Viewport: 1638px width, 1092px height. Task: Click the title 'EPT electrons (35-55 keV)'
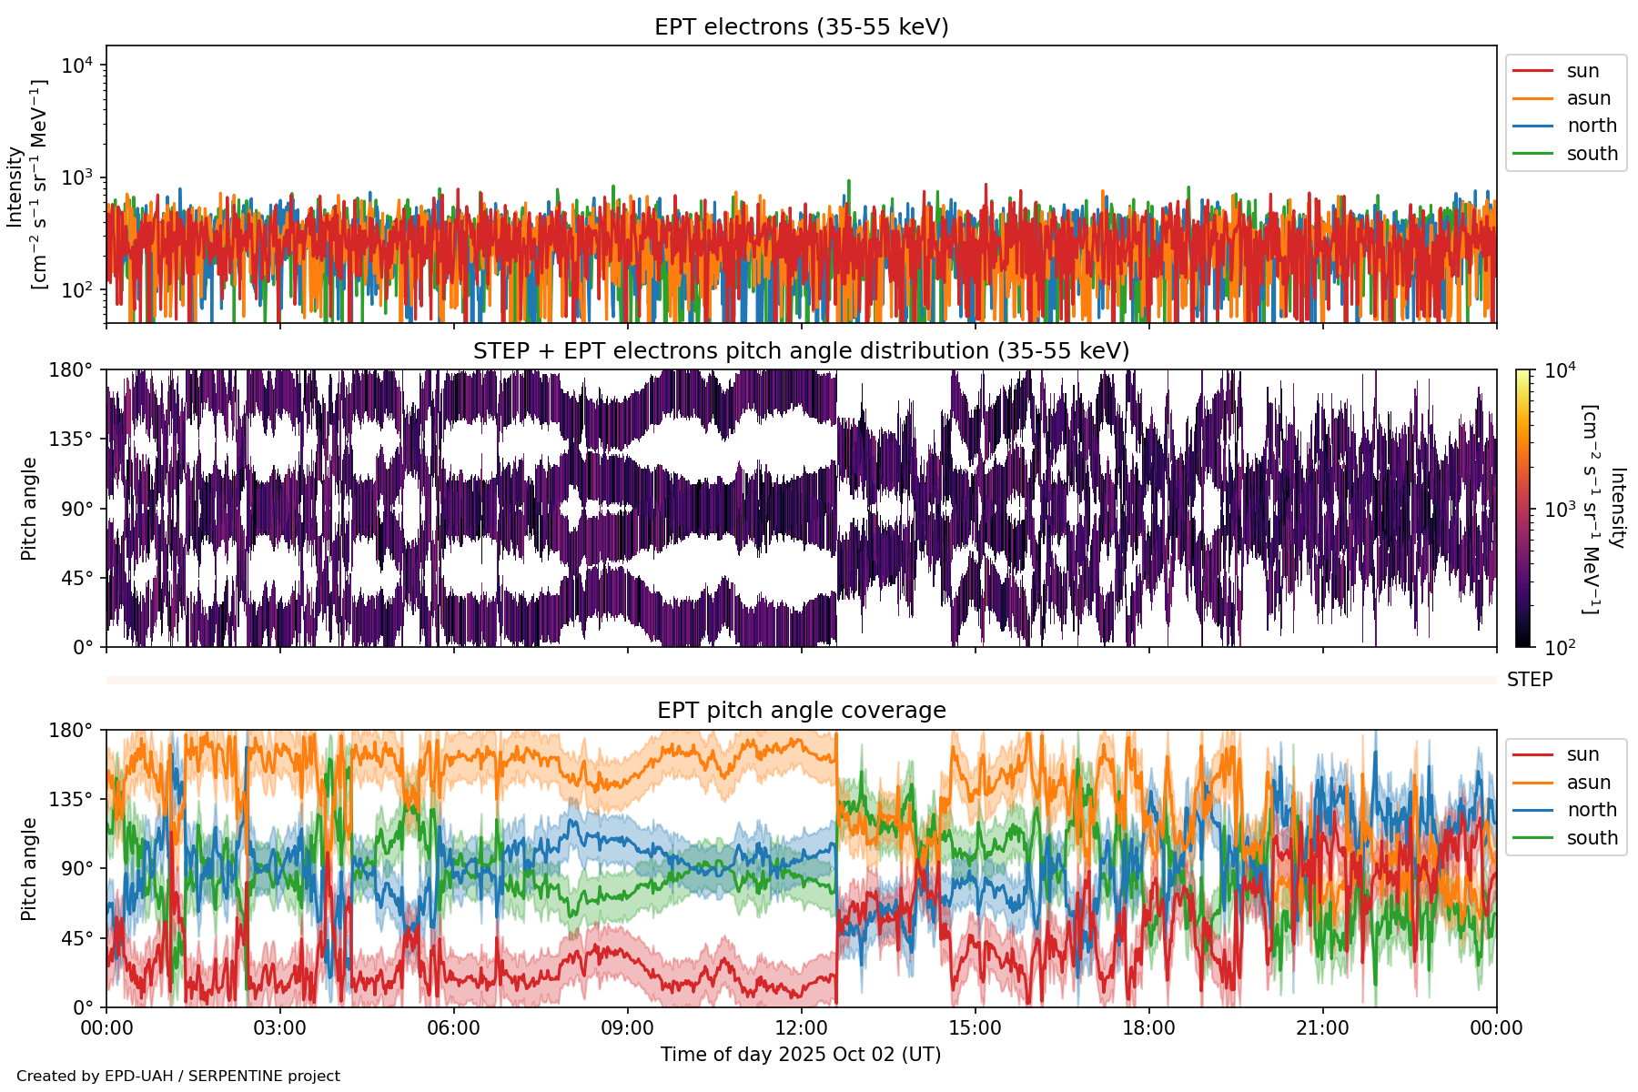[801, 27]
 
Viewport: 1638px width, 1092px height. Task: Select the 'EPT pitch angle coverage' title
[801, 711]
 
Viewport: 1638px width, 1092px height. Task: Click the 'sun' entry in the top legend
[1582, 71]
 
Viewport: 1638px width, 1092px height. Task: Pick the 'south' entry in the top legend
[1592, 154]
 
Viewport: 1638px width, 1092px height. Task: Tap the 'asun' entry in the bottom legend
[1588, 783]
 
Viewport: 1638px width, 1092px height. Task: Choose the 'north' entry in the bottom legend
[1592, 810]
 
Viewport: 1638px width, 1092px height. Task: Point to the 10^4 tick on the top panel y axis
[80, 66]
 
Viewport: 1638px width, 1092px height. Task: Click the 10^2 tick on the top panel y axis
[80, 290]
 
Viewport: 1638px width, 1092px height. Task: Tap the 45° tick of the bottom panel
[76, 938]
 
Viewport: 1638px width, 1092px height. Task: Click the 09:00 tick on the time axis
[628, 1028]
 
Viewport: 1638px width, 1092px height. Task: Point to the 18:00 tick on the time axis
[1148, 1028]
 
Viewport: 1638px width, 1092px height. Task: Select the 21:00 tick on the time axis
[1322, 1028]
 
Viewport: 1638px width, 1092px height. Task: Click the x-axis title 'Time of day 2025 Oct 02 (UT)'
[801, 1055]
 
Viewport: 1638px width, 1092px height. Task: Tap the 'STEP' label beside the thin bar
[1529, 680]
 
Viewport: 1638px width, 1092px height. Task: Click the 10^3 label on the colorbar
[1561, 510]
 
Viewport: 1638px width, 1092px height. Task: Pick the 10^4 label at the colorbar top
[1561, 370]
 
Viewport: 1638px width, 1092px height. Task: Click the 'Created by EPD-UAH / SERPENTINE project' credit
[178, 1077]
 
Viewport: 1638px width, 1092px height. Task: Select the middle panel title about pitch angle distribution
[801, 351]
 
